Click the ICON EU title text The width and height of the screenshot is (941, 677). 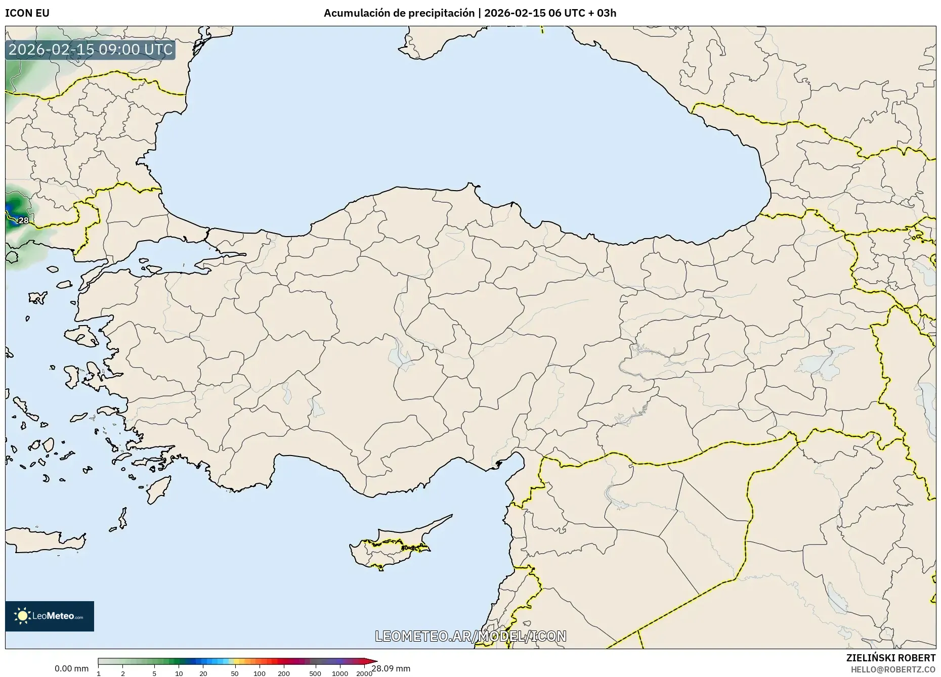tap(27, 13)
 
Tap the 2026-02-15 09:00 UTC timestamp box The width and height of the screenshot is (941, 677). tap(91, 50)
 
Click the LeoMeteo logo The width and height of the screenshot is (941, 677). tap(50, 616)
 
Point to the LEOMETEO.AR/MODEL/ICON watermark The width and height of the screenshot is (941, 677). tap(470, 636)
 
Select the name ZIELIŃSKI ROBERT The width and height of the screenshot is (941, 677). tap(890, 658)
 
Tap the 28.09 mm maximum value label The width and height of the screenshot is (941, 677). tap(391, 668)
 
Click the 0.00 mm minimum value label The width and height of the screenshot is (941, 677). tap(71, 668)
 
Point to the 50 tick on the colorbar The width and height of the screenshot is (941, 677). tap(234, 673)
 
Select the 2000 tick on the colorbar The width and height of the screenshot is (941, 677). tap(364, 673)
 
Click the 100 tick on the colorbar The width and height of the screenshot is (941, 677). tap(259, 673)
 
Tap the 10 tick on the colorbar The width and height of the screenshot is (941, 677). tap(179, 673)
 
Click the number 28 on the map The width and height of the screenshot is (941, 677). tap(23, 220)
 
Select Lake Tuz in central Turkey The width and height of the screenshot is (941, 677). tap(398, 354)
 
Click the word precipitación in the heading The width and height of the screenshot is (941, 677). tap(440, 13)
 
